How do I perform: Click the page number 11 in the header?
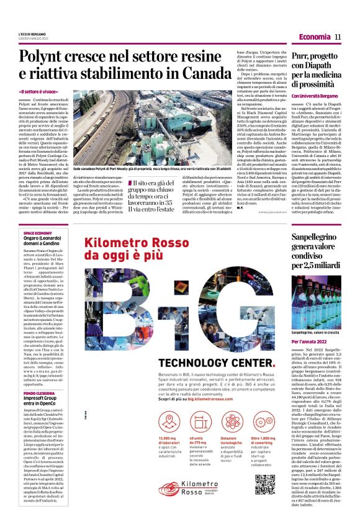tap(338, 37)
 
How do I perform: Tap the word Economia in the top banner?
tap(314, 37)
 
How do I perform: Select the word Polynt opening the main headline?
tap(40, 58)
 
